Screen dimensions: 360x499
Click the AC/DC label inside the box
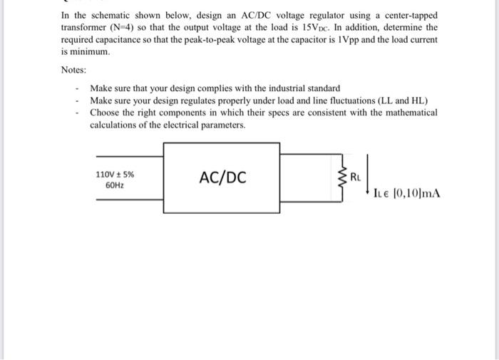[x=222, y=178]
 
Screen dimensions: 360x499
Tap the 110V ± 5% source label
[x=114, y=173]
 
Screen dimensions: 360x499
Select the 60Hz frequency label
[x=114, y=185]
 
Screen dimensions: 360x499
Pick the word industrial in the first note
[x=274, y=88]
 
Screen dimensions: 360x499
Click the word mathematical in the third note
[x=403, y=113]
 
